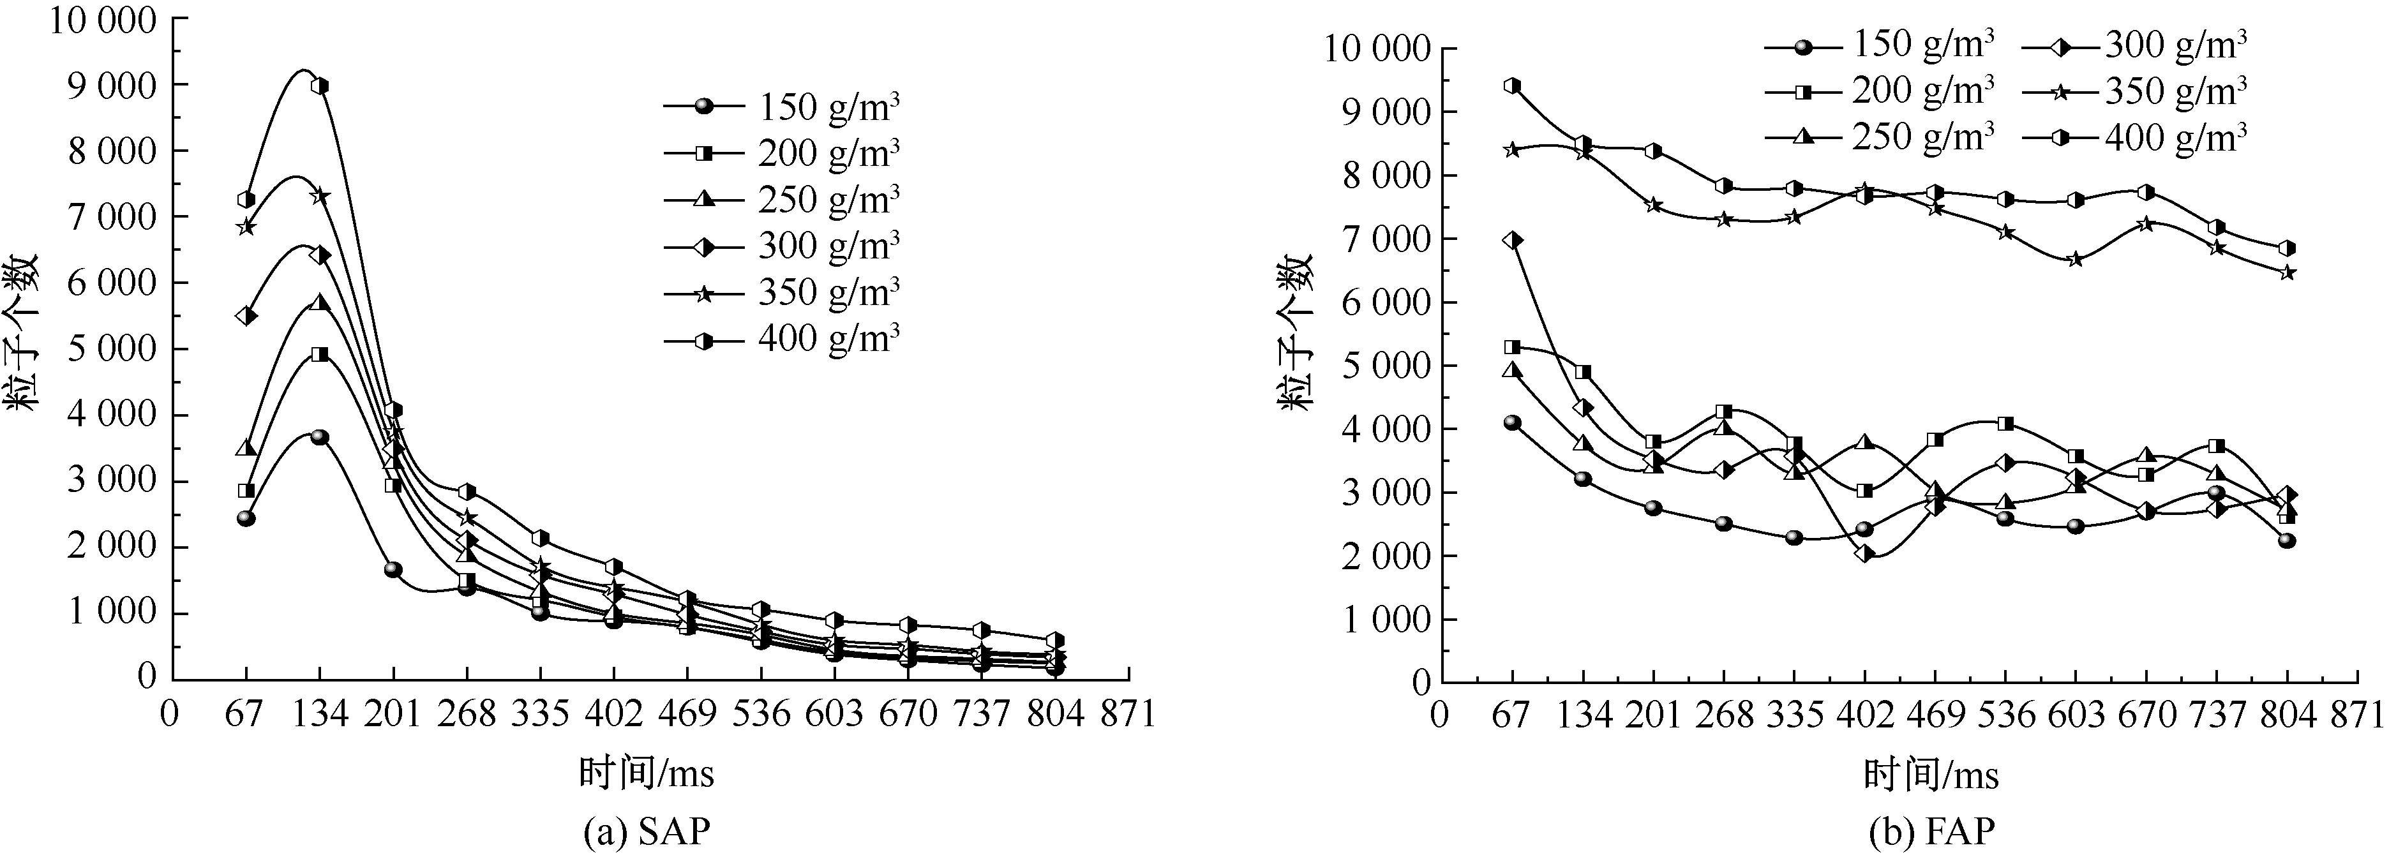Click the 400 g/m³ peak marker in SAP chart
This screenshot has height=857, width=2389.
pyautogui.click(x=320, y=86)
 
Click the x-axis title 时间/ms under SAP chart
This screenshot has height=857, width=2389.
pyautogui.click(x=647, y=773)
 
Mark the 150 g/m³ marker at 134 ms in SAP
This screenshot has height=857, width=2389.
pyautogui.click(x=320, y=437)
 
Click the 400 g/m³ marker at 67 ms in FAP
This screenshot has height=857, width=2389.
pyautogui.click(x=1513, y=86)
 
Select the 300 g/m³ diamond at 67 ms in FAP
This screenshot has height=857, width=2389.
pyautogui.click(x=1513, y=240)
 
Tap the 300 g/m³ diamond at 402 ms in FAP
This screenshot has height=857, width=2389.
pyautogui.click(x=1865, y=554)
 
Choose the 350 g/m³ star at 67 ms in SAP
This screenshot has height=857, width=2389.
pyautogui.click(x=246, y=227)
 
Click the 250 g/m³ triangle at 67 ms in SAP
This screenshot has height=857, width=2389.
pyautogui.click(x=246, y=448)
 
